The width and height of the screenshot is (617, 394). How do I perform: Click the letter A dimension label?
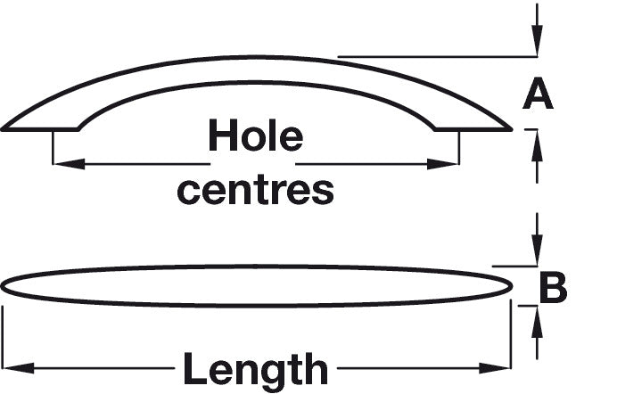(x=537, y=94)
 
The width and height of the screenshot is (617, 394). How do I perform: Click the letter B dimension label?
(x=553, y=287)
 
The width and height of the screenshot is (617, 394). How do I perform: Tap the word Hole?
(x=255, y=138)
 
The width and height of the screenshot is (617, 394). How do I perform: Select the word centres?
(x=255, y=189)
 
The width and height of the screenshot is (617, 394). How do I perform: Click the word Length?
(x=255, y=367)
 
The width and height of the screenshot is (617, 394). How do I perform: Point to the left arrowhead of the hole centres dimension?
(x=64, y=163)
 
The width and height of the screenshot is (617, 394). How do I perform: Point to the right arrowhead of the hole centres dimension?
(x=449, y=163)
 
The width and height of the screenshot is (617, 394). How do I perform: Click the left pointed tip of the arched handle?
(x=5, y=129)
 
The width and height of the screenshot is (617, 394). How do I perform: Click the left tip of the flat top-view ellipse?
(x=4, y=286)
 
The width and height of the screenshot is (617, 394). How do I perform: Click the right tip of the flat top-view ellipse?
(x=513, y=285)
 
